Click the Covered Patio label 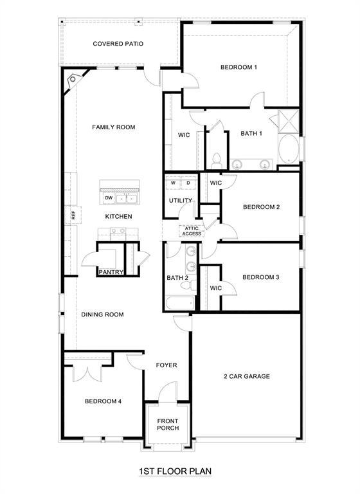118,44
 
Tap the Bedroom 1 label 239,67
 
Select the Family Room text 113,127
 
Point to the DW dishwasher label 109,197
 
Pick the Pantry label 111,272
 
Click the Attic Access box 193,230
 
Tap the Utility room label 181,201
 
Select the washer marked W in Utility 173,183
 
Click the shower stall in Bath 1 287,121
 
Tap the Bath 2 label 177,278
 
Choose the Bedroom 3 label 260,277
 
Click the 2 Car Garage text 246,376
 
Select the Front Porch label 168,424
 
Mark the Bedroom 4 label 103,401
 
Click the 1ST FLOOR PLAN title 175,471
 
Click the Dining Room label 102,315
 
